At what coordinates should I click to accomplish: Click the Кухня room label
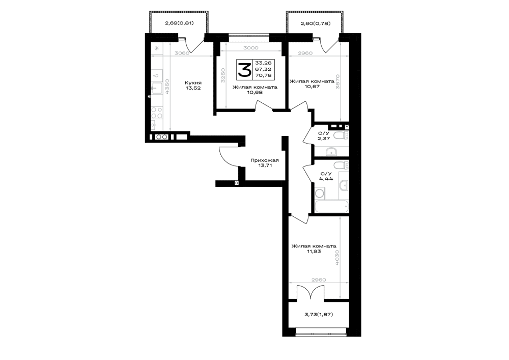pos(193,83)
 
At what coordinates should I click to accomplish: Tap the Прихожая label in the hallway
pos(265,160)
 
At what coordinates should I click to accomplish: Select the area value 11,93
pos(314,251)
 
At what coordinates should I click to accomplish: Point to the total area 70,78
pos(263,76)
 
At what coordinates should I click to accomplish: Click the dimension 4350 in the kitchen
pos(167,87)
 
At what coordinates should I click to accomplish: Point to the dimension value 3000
pos(251,48)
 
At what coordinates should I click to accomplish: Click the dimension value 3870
pos(337,82)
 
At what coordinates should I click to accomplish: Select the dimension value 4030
pos(337,258)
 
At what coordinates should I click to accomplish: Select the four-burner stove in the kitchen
pos(157,113)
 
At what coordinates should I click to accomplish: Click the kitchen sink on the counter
pos(157,88)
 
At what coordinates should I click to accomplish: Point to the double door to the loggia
pos(310,292)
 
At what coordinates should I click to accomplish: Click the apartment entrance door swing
pos(229,157)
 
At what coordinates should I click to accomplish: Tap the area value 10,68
pos(255,92)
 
